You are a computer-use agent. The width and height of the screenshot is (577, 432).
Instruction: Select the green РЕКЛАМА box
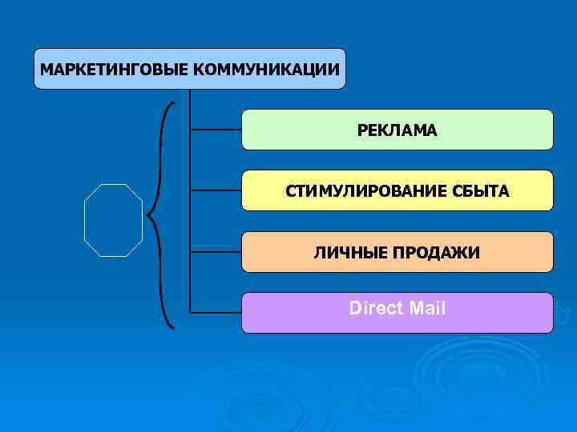click(481, 130)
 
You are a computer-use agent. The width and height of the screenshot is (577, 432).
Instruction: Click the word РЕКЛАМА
click(397, 130)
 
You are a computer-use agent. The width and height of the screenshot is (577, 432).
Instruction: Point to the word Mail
click(427, 308)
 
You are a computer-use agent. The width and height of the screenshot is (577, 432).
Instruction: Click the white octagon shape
click(113, 220)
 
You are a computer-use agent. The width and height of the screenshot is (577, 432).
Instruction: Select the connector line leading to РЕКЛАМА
click(216, 129)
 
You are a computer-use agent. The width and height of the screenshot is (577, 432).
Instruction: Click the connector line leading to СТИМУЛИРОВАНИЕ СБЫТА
click(216, 190)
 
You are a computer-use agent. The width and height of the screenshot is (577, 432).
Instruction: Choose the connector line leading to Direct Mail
click(216, 311)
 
